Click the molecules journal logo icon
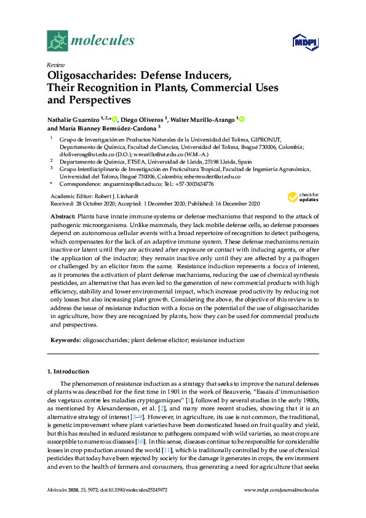pyautogui.click(x=57, y=41)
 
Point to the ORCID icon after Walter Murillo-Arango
pyautogui.click(x=242, y=119)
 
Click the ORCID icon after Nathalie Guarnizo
pyautogui.click(x=114, y=119)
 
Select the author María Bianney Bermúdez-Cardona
pyautogui.click(x=106, y=128)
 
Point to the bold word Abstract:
pyautogui.click(x=61, y=217)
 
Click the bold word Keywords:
pyautogui.click(x=65, y=340)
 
